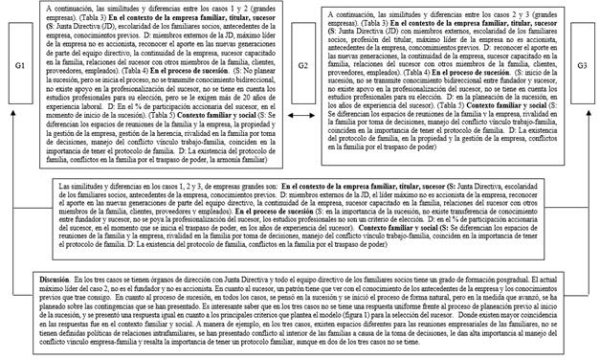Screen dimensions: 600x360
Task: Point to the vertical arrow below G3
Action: (x=581, y=163)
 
